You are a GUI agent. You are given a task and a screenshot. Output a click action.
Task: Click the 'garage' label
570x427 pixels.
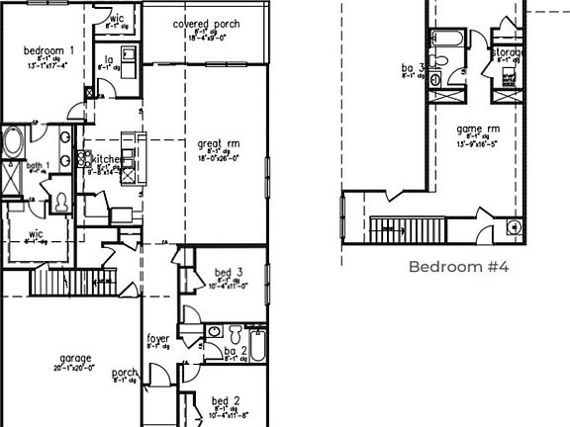74,358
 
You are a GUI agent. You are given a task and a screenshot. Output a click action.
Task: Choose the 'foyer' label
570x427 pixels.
158,339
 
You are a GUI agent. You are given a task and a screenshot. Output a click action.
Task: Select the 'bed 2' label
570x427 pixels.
225,400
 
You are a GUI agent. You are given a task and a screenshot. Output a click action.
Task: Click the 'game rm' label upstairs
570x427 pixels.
478,128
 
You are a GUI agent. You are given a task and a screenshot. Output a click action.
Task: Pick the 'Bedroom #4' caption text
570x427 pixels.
458,267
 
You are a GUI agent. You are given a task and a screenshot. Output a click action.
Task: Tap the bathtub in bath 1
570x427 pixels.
13,142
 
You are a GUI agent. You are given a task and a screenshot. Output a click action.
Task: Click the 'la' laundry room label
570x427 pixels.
107,59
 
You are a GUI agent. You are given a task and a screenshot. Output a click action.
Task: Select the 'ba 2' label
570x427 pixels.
235,351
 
